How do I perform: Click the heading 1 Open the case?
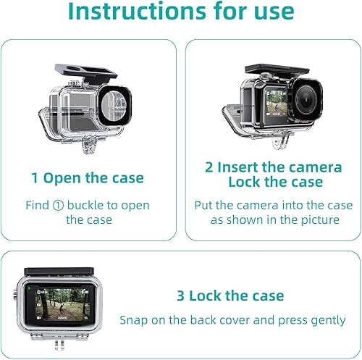click(x=87, y=177)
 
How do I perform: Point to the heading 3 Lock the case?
click(x=230, y=296)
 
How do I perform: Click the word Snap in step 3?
click(x=135, y=319)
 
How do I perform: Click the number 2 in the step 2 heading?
click(x=209, y=167)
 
